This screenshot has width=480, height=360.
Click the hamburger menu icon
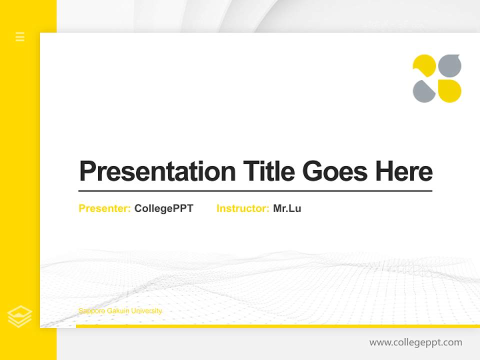20,36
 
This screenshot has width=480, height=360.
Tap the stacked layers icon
20,316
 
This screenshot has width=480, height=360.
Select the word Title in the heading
269,171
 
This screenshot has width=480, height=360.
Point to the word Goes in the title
335,171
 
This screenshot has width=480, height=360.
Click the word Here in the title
403,171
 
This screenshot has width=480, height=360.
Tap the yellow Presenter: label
104,208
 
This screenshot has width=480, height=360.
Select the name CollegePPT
163,208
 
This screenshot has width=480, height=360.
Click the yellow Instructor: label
242,208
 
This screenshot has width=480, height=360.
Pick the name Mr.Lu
287,208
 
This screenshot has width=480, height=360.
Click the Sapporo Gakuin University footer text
120,311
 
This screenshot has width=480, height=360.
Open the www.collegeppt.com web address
415,342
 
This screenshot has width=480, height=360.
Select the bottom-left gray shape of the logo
423,91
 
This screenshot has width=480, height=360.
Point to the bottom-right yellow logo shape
449,91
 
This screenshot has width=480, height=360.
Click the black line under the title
255,190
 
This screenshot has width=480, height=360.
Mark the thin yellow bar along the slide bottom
277,326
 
